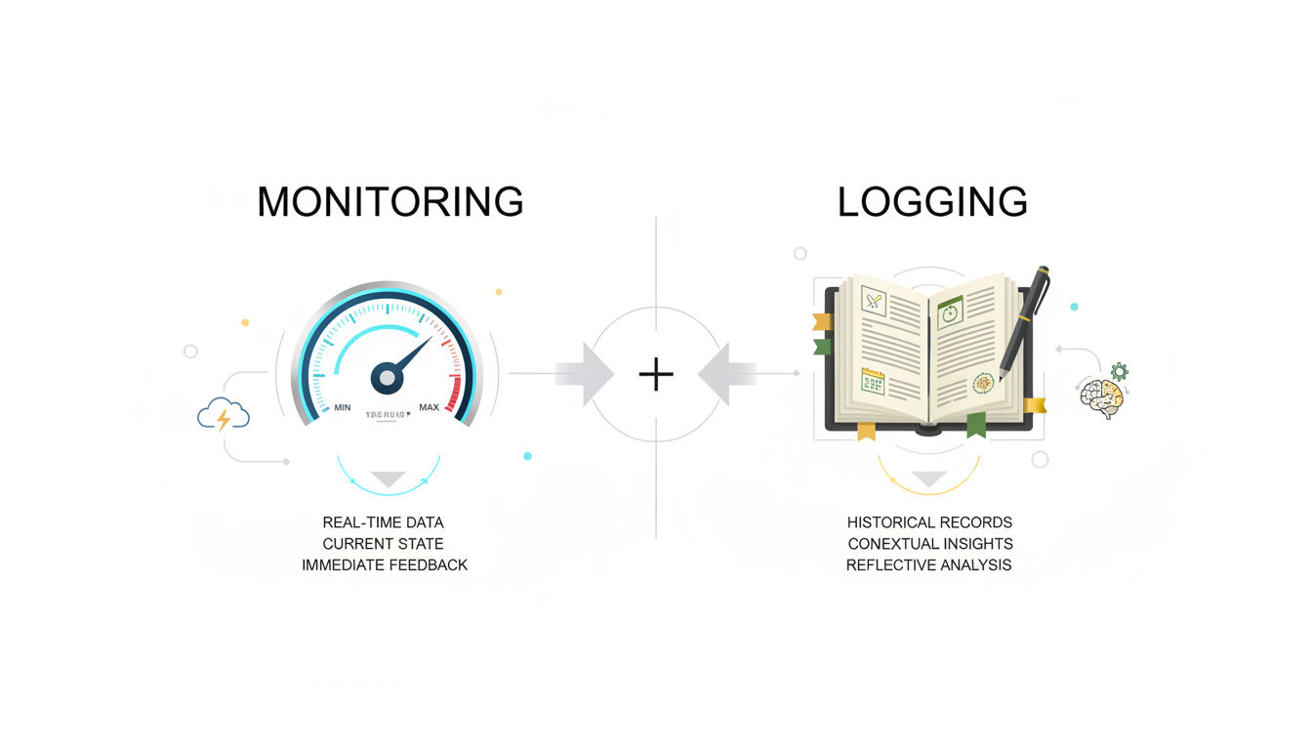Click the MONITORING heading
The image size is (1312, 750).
point(389,202)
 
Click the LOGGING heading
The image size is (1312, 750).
point(932,202)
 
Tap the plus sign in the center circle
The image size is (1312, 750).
point(656,374)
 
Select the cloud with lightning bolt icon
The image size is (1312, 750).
point(224,416)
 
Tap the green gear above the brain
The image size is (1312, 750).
point(1119,371)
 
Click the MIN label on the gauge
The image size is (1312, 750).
point(342,407)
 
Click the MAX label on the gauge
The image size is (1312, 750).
point(429,407)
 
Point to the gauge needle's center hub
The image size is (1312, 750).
point(388,378)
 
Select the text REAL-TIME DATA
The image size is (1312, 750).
point(383,522)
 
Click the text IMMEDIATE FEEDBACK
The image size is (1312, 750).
point(385,565)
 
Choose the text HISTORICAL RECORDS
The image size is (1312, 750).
point(929,522)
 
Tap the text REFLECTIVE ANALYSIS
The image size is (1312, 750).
point(928,565)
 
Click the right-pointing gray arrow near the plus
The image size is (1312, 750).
point(588,374)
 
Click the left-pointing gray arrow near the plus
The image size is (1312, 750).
point(725,374)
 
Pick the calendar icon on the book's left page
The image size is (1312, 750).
point(873,382)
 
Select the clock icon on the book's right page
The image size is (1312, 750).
point(950,312)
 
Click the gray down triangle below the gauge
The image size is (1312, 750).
point(388,479)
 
